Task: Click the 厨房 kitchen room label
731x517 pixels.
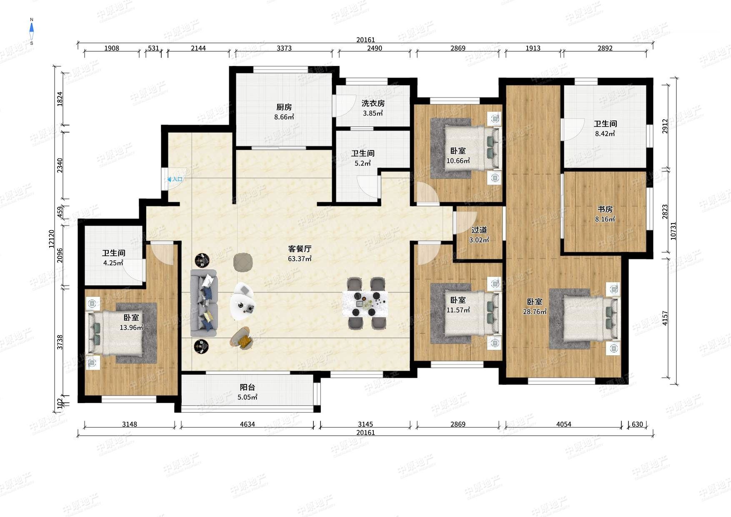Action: tap(284, 107)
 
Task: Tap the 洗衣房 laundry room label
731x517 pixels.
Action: tap(373, 103)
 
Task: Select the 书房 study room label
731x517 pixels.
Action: tap(605, 209)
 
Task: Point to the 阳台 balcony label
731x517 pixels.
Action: tap(247, 387)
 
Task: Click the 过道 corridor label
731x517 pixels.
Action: tap(479, 230)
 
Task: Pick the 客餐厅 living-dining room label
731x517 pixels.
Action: tap(300, 249)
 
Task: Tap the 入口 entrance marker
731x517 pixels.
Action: tap(175, 179)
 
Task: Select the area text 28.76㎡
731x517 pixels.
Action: tap(535, 311)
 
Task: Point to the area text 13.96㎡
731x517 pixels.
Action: tap(131, 327)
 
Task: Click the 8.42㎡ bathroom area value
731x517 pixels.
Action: tap(605, 133)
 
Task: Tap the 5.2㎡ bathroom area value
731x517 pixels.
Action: tap(363, 163)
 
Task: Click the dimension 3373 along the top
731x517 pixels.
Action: tap(284, 48)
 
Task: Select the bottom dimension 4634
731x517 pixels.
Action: tap(247, 424)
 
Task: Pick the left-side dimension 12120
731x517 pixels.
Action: tap(51, 239)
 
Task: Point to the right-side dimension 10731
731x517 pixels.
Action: tap(673, 231)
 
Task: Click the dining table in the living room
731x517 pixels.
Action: tap(365, 304)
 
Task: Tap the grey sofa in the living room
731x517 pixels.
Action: tap(204, 303)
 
